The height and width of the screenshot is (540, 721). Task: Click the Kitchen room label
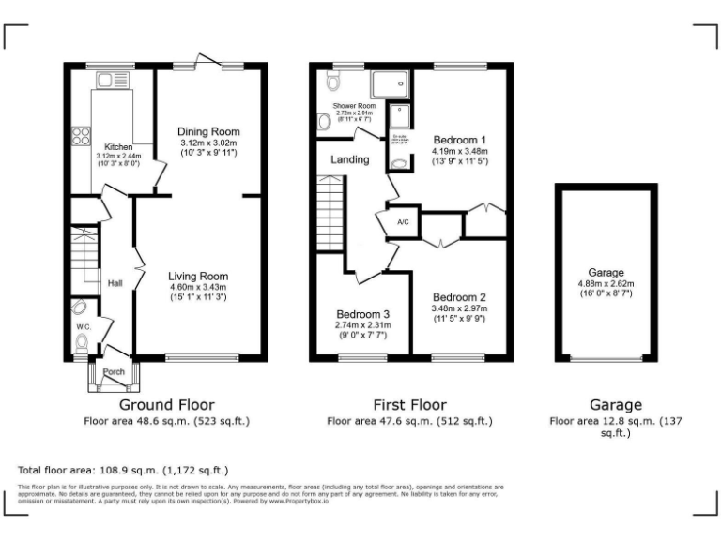[118, 147]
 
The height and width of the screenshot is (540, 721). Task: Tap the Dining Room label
[209, 131]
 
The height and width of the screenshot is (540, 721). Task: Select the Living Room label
[198, 277]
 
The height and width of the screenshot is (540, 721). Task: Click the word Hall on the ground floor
[115, 283]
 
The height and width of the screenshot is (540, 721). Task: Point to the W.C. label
[84, 327]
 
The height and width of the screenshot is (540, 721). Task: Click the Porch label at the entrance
[114, 372]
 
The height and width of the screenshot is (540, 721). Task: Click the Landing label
[349, 160]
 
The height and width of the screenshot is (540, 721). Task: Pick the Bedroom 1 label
[458, 140]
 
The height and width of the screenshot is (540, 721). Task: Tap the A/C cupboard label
[402, 222]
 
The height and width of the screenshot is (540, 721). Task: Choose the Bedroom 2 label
[458, 297]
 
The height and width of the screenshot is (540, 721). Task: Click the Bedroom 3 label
[361, 314]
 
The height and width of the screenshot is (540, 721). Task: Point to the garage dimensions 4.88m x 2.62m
[606, 283]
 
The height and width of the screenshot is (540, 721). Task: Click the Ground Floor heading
[160, 405]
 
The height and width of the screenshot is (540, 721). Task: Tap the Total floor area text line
[123, 469]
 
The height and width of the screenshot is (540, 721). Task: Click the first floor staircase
[328, 217]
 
